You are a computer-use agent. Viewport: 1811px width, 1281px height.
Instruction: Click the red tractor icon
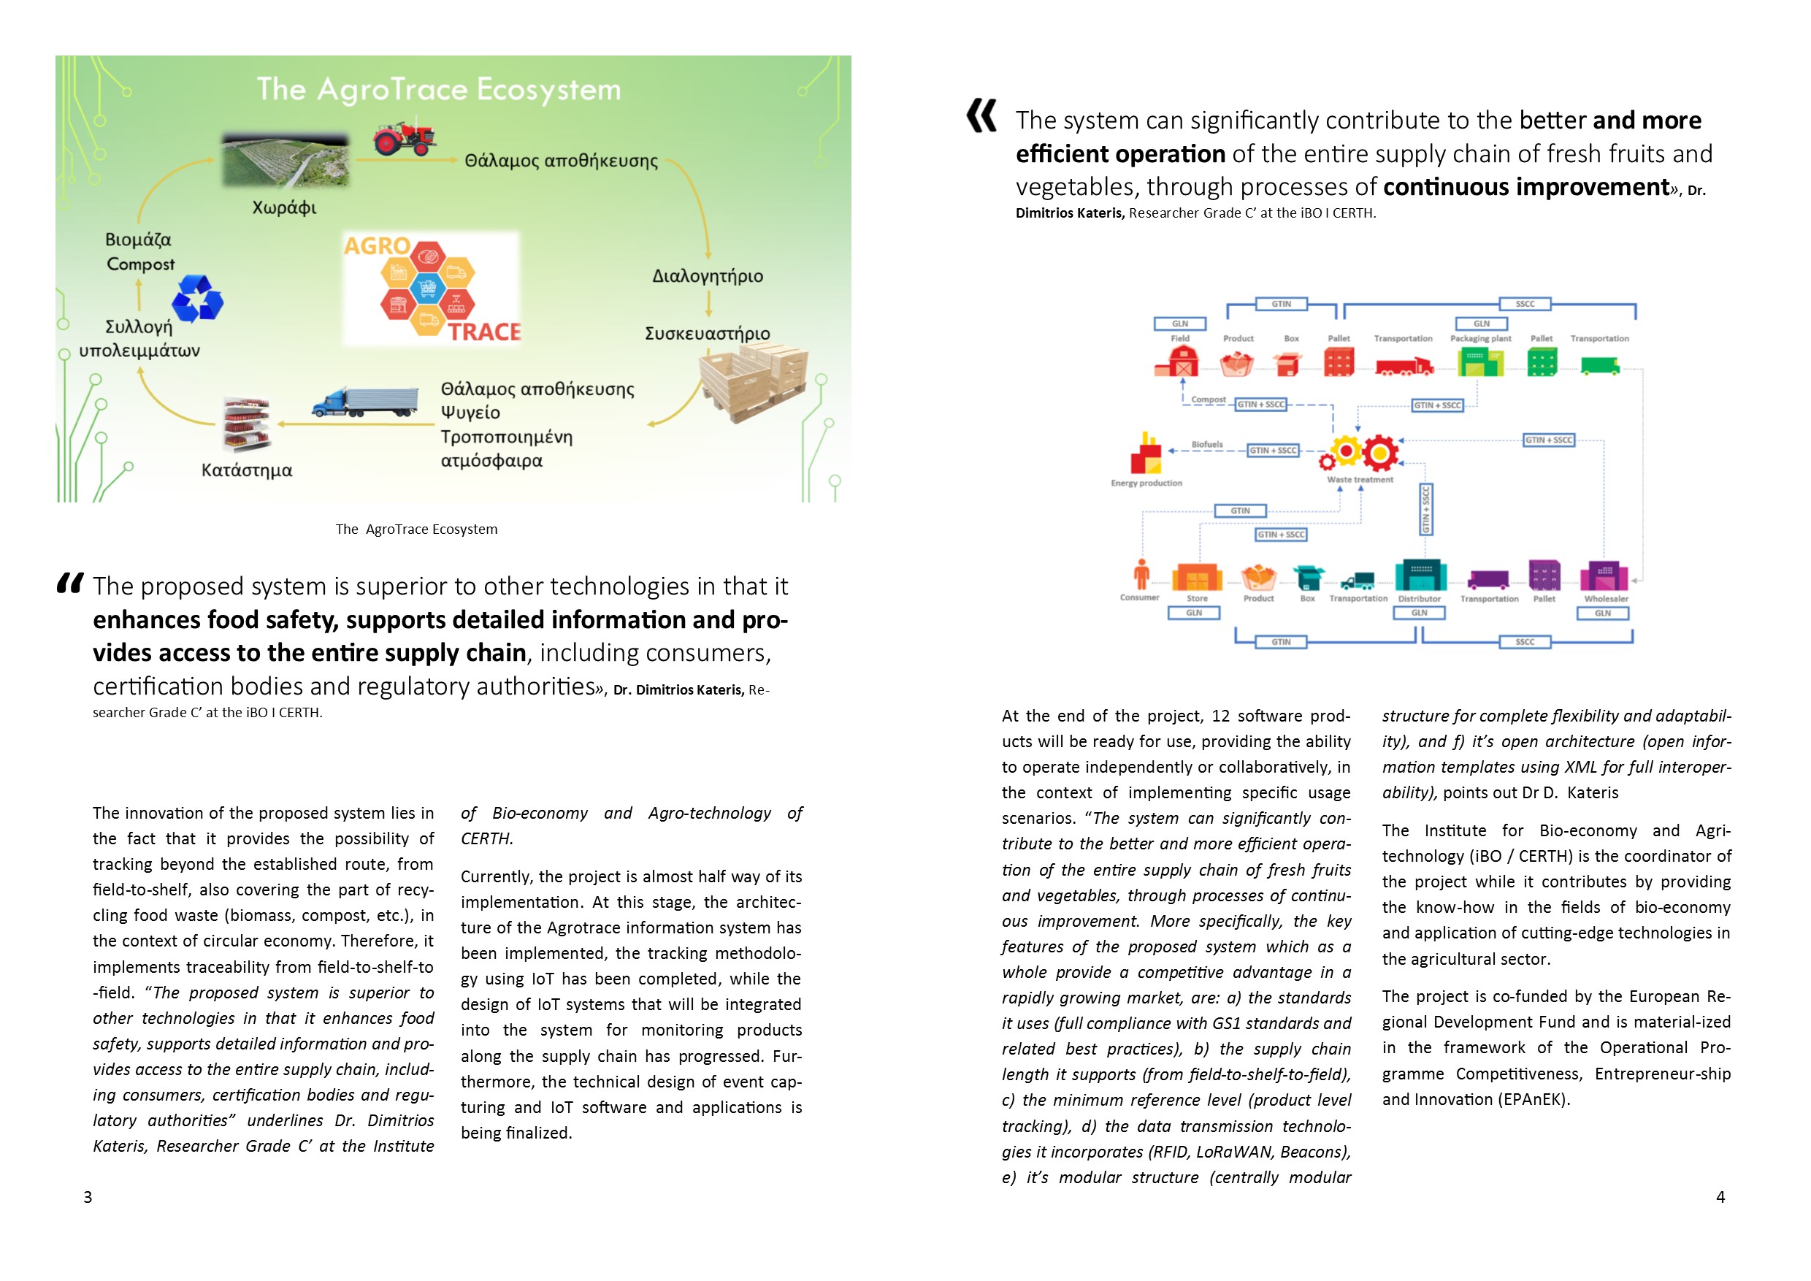[405, 138]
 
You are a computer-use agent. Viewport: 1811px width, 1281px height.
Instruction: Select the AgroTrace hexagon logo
[432, 288]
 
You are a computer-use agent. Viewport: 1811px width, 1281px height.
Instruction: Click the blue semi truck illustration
[365, 402]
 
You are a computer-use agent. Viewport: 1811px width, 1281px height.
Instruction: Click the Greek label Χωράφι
[284, 208]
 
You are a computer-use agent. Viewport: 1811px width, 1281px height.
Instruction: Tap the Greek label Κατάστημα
[246, 471]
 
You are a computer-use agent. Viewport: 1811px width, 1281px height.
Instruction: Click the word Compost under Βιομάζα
[140, 264]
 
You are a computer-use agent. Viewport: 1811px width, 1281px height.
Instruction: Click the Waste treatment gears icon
[1362, 454]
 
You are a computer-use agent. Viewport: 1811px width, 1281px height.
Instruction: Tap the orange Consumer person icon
[1141, 575]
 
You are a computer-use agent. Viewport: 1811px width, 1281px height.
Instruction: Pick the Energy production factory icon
[1145, 454]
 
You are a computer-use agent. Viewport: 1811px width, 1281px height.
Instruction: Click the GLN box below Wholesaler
[1602, 613]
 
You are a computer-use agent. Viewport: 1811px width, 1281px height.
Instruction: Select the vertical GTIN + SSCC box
[1425, 510]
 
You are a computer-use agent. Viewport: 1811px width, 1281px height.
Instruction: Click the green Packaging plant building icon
[1479, 362]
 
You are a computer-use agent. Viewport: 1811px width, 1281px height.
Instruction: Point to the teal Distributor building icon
[1420, 575]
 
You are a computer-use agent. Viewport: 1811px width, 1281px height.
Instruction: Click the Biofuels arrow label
[1207, 445]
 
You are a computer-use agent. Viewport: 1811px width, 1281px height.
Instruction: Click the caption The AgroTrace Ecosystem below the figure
[416, 529]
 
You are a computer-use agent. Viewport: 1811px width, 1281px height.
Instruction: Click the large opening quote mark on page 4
[982, 116]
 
